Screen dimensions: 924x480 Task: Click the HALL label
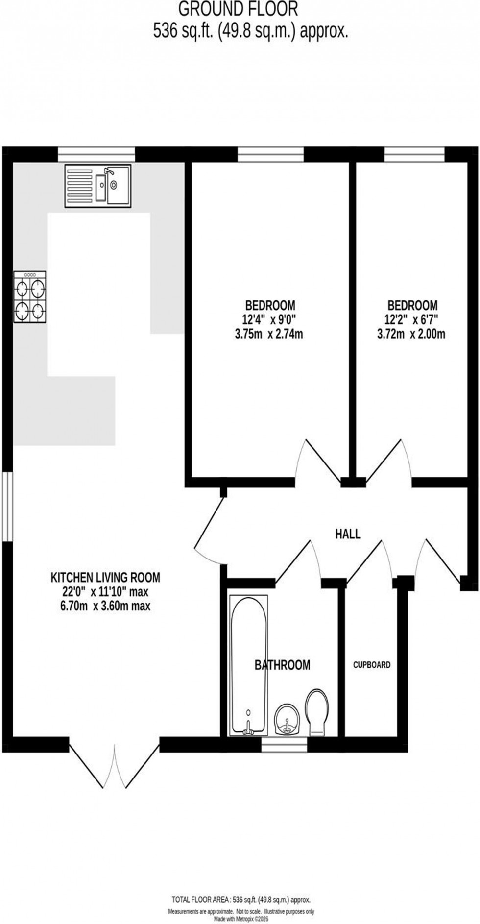[348, 534]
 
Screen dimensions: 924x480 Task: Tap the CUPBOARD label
[372, 665]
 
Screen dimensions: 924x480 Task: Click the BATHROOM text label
[282, 665]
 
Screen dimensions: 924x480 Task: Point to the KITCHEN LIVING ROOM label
[105, 577]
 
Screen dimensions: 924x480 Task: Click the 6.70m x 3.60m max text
[105, 606]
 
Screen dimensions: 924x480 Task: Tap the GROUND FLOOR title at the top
[238, 9]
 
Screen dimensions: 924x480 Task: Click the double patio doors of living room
[115, 767]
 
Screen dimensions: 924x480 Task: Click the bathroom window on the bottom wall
[284, 745]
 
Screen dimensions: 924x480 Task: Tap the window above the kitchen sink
[96, 154]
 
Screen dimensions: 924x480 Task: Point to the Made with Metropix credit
[240, 919]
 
